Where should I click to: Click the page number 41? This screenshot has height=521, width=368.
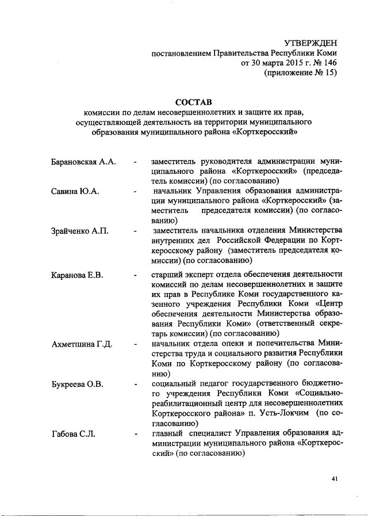[335, 478]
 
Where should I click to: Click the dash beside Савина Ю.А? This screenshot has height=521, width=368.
[134, 191]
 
